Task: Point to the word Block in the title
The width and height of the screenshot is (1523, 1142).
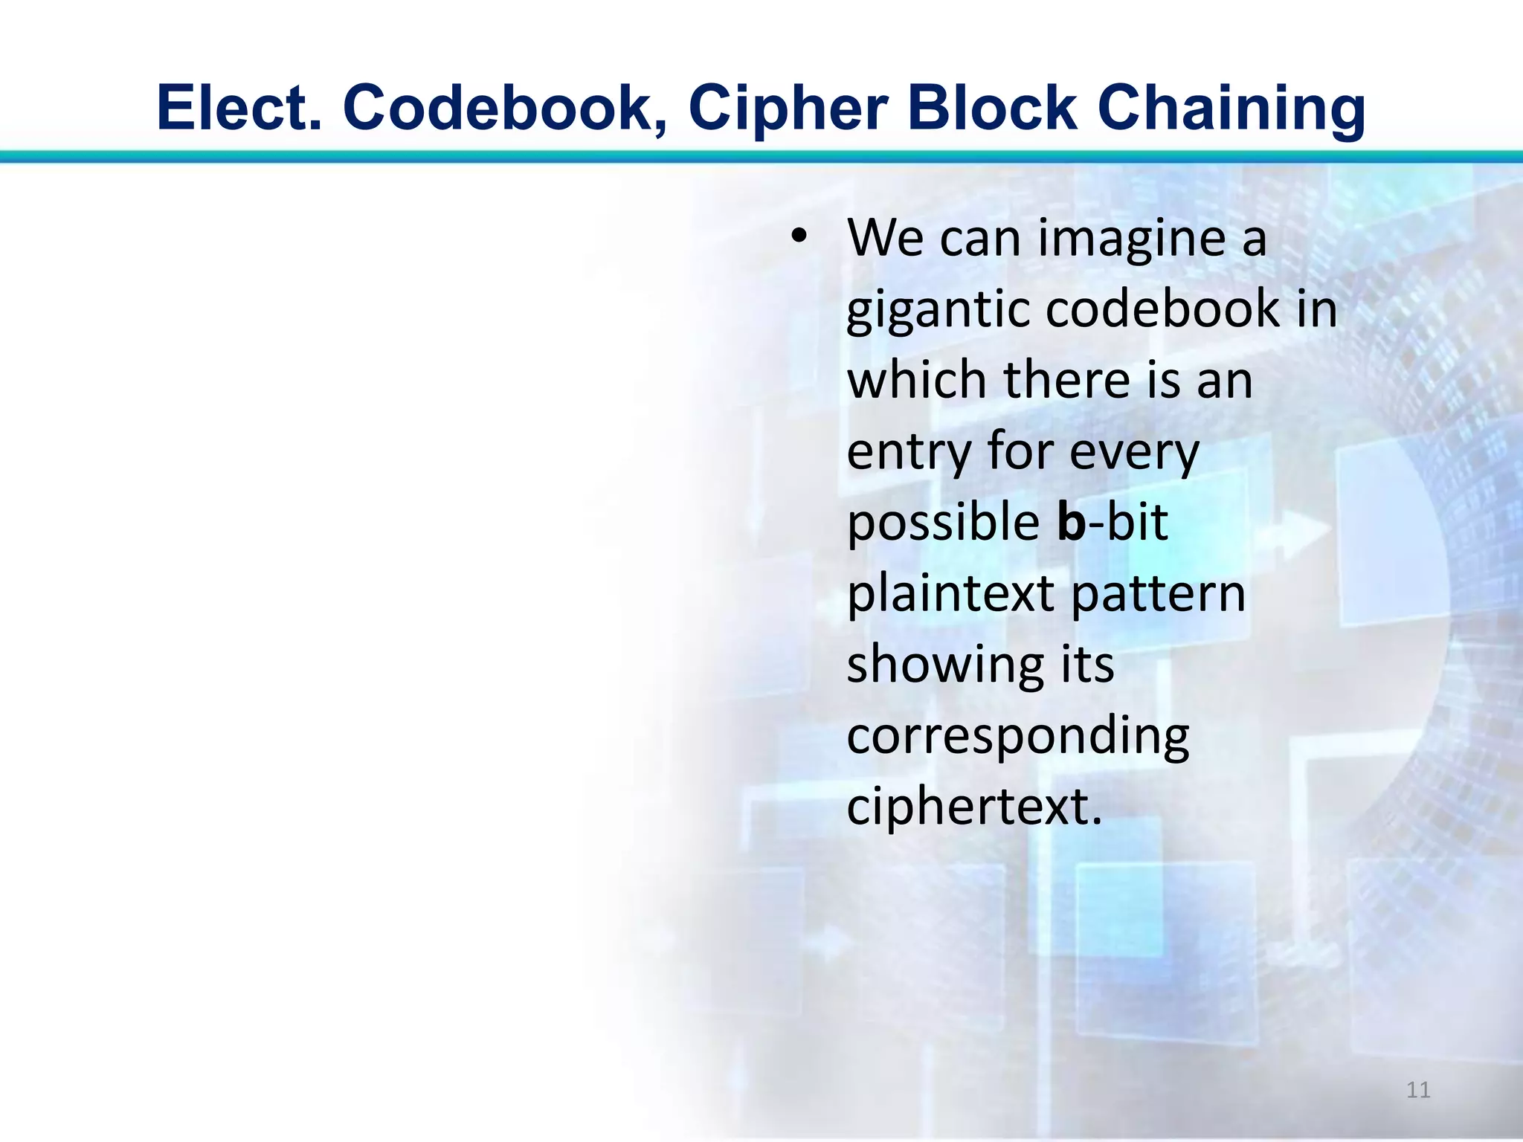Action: click(992, 109)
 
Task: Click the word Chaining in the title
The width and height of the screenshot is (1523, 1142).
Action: click(1231, 109)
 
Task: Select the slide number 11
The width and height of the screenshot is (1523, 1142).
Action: click(1418, 1090)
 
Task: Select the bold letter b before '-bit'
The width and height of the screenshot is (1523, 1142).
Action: click(1072, 521)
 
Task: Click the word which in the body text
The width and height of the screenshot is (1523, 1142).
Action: click(918, 380)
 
